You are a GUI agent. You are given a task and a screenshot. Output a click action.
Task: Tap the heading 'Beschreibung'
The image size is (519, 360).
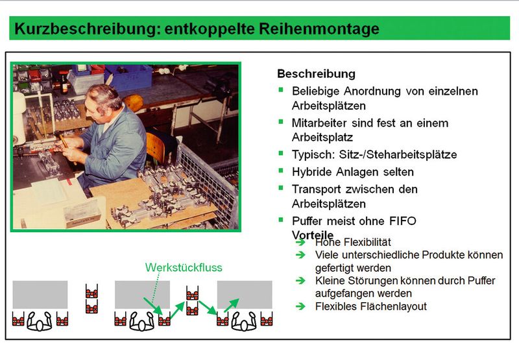coord(316,74)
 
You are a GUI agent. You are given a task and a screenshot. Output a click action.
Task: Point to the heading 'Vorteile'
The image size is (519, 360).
coord(313,234)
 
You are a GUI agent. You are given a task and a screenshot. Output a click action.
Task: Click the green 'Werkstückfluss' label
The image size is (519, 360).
coord(184,267)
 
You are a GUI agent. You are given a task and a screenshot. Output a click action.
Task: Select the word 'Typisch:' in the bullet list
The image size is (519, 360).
coord(311,155)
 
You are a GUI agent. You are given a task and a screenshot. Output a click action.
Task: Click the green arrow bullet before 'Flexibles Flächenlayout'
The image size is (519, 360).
coord(300,306)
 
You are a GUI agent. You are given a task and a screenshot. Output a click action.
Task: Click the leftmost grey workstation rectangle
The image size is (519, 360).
coord(40,294)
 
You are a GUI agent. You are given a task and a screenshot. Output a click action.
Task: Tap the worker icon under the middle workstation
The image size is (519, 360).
coord(141,320)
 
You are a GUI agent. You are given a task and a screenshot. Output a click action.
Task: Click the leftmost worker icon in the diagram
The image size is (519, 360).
coord(40,320)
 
